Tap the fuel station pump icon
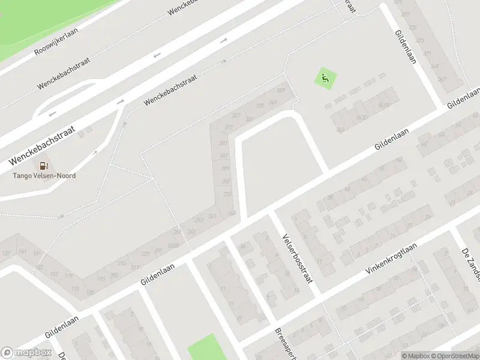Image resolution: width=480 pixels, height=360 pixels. pyautogui.click(x=44, y=166)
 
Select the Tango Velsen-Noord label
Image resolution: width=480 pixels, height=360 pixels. pyautogui.click(x=44, y=176)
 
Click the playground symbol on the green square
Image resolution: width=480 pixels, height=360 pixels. pyautogui.click(x=325, y=78)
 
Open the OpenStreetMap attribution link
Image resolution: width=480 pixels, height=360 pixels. pyautogui.click(x=454, y=356)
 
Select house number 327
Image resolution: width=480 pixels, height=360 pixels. pyautogui.click(x=236, y=115)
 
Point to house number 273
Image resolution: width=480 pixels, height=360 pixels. pyautogui.click(x=227, y=194)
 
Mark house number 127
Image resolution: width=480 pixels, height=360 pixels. pyautogui.click(x=7, y=253)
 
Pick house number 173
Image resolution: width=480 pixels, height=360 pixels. pyautogui.click(x=76, y=289)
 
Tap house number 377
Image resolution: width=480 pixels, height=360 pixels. pyautogui.click(x=406, y=14)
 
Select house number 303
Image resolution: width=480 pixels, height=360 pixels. pyautogui.click(x=223, y=143)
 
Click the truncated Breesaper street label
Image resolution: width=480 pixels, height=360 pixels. pyautogui.click(x=282, y=344)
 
